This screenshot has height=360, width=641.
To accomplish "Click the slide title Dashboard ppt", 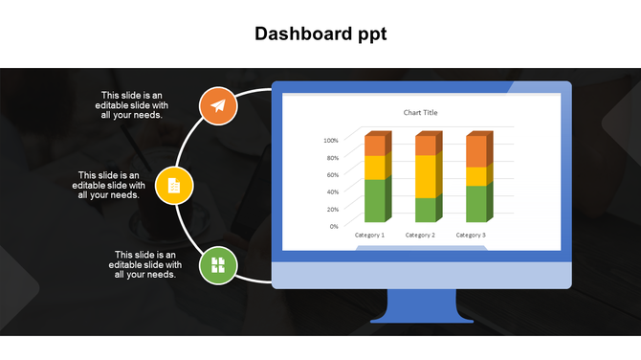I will point(320,34).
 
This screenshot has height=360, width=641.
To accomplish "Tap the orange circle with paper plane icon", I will point(218,105).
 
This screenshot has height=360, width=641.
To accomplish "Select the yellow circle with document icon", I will point(174,184).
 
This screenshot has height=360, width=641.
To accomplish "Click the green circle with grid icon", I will point(218,264).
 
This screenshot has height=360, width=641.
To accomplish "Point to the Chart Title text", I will point(420,113).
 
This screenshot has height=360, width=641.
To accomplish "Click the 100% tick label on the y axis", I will point(331,141).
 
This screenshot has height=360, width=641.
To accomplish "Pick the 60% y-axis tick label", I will point(331,174).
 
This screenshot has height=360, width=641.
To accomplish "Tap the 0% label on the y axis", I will point(334,226).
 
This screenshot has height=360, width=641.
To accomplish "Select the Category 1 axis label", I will point(369,235).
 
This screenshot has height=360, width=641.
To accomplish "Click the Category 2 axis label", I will point(420,235).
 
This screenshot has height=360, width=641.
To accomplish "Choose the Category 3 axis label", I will point(471,235).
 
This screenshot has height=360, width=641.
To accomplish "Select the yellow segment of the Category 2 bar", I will point(425,176).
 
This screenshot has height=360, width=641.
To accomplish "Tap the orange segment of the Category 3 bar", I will point(475,151).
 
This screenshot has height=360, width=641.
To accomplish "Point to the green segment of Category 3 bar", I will point(475,203).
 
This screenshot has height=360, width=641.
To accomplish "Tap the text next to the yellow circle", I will point(110,185).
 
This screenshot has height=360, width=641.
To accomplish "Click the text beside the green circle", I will point(144,264).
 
